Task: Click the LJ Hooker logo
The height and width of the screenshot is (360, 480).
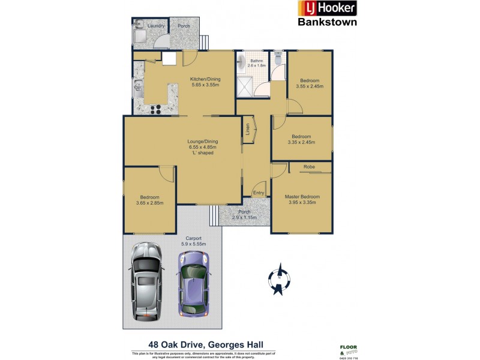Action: pos(328,8)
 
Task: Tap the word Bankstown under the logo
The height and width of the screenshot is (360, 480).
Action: pos(328,22)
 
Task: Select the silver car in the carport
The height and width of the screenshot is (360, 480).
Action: pos(146,280)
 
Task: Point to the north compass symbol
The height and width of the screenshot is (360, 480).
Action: pos(280,280)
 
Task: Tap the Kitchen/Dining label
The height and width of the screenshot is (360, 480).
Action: pos(205,79)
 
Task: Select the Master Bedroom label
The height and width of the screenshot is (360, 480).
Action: pos(301,197)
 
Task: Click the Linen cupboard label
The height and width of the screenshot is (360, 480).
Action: pos(247,130)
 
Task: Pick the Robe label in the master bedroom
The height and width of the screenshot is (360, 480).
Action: pos(310,166)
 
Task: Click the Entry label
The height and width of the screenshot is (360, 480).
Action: pos(258,193)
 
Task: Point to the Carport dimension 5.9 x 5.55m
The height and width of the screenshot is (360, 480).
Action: pos(193,244)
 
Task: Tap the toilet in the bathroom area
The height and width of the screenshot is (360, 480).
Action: pos(277,59)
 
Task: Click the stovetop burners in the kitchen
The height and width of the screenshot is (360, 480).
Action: pos(154,109)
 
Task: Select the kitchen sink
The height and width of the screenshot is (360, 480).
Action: pos(137,88)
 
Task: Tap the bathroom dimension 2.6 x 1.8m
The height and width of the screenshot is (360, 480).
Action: pos(258,65)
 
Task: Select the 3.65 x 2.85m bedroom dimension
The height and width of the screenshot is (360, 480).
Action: pos(150,203)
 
